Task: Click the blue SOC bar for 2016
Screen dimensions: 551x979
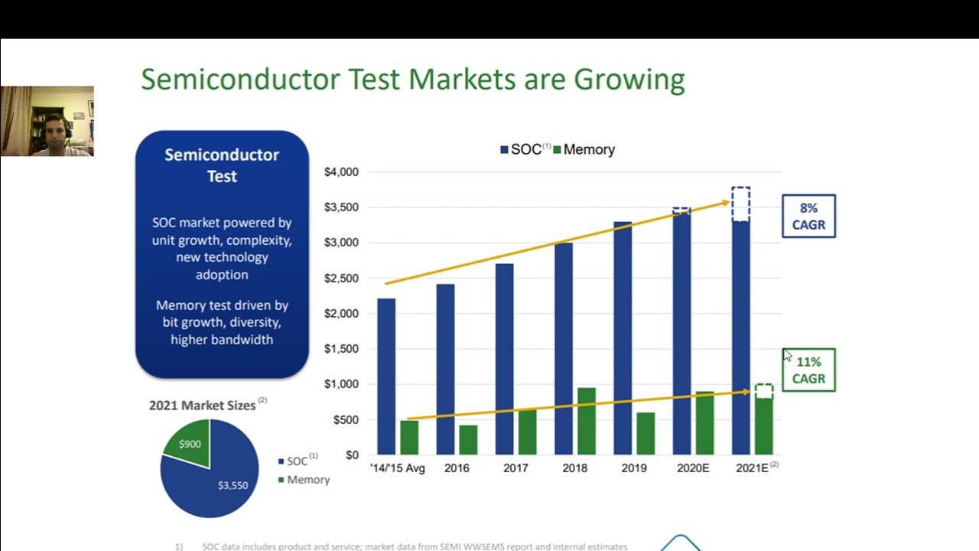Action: tap(445, 370)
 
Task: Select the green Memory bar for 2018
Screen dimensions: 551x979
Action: tap(587, 421)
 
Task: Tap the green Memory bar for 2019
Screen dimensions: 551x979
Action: tap(646, 433)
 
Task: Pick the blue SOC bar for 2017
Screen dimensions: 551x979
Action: tap(504, 359)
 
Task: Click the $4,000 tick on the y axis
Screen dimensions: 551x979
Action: tap(341, 172)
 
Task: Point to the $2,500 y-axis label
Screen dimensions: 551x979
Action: tap(341, 279)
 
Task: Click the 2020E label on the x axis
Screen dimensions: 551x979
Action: tap(693, 468)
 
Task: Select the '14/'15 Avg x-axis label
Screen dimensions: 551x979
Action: tap(397, 468)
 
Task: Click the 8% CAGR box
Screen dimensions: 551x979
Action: tap(808, 217)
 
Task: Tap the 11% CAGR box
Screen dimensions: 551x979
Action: tap(808, 370)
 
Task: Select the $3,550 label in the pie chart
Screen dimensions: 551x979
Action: tap(233, 485)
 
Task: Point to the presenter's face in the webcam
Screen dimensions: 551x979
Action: tap(54, 129)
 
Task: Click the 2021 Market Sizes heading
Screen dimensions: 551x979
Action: tap(202, 406)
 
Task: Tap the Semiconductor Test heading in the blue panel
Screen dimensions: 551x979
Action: tap(222, 165)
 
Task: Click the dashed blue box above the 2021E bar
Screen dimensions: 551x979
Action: tap(740, 204)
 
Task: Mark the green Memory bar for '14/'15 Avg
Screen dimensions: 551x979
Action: tap(409, 437)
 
